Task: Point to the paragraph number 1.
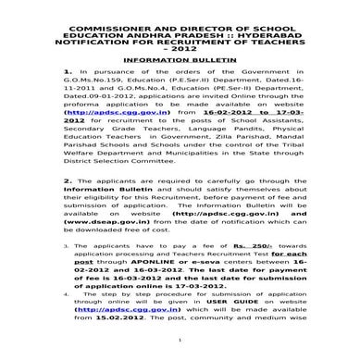[68, 71]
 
